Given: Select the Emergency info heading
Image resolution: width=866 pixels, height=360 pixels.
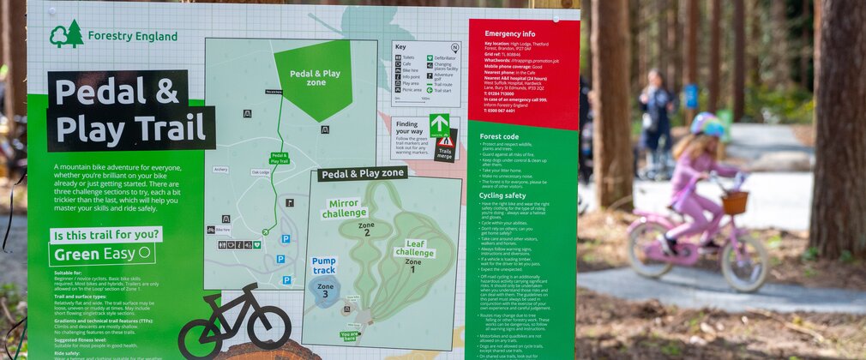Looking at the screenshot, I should coord(510,34).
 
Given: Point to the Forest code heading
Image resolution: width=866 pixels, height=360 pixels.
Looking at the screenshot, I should coord(499,136).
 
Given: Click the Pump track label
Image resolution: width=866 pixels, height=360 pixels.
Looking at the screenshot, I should coord(324,265).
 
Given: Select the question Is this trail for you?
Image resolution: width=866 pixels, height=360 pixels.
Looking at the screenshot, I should coord(105,234).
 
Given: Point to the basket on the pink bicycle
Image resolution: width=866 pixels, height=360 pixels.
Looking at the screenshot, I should coord(734,203).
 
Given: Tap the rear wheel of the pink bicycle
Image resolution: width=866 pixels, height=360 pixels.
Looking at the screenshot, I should coord(651,249).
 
